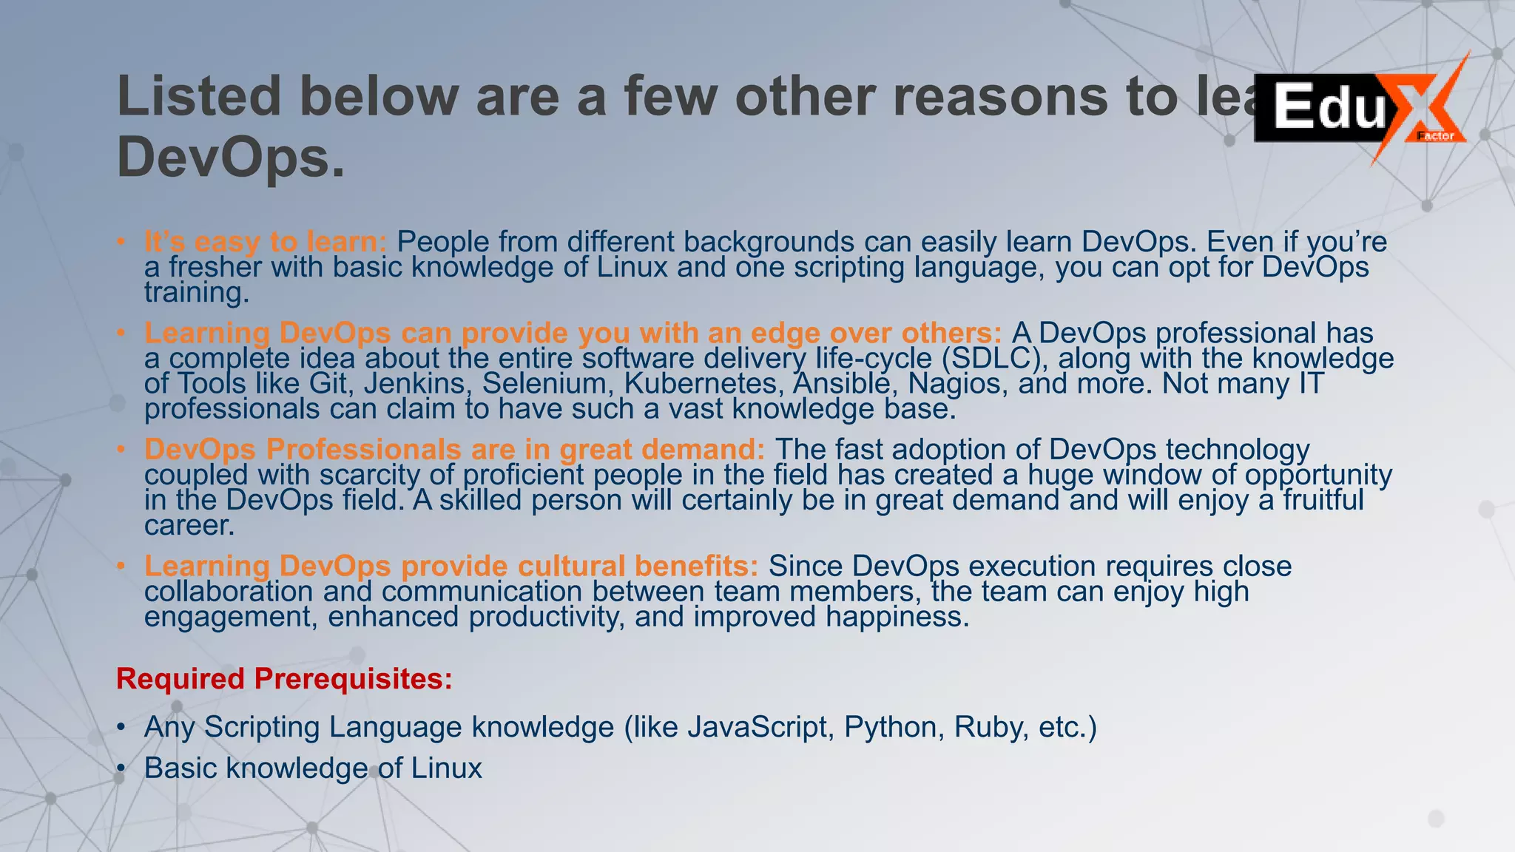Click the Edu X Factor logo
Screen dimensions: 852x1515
(x=1360, y=108)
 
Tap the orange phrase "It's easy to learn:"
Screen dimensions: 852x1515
(x=266, y=242)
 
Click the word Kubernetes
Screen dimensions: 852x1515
(x=703, y=384)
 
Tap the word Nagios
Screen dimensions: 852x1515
(x=958, y=384)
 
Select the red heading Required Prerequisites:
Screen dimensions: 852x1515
(x=284, y=679)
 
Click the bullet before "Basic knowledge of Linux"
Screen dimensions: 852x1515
(x=121, y=769)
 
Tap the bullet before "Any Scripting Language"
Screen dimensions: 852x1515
(x=121, y=728)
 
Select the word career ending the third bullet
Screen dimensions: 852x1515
(x=189, y=526)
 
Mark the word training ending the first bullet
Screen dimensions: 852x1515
(x=197, y=293)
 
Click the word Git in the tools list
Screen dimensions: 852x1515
(x=328, y=384)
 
